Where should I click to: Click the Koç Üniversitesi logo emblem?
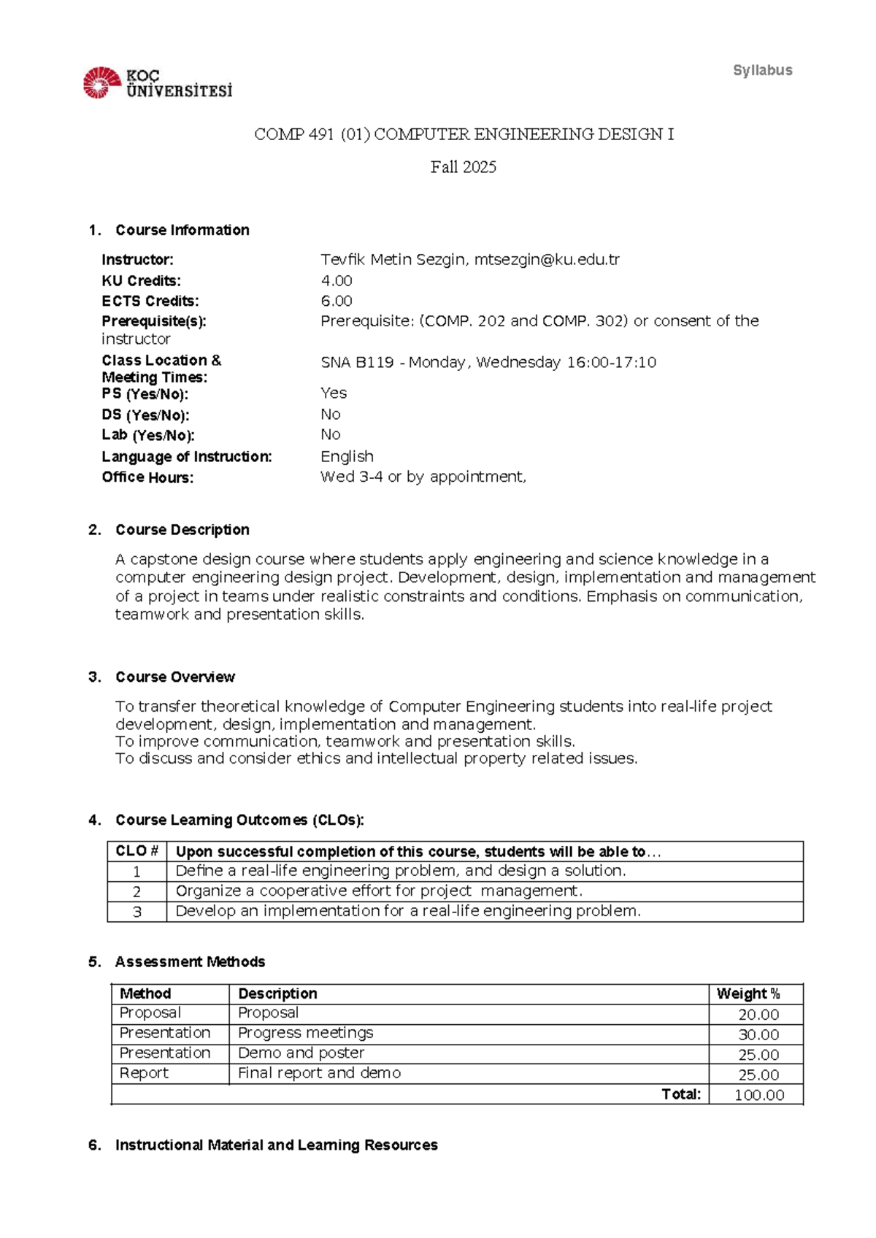(101, 82)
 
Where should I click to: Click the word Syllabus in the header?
(762, 71)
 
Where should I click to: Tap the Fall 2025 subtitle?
(463, 167)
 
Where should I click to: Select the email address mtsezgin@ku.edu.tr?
(547, 260)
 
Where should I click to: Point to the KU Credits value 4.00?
(337, 281)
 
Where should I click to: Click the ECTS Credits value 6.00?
(337, 301)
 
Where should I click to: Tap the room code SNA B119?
(357, 362)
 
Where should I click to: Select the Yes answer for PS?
(334, 393)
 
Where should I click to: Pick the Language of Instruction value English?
(347, 456)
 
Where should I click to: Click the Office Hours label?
(147, 477)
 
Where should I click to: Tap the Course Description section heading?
(182, 530)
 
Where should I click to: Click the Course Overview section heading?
(174, 677)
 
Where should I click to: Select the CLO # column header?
(137, 851)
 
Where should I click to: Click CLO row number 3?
(137, 912)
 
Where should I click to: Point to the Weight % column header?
(748, 993)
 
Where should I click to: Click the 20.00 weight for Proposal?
(758, 1015)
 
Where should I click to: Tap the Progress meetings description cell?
(305, 1033)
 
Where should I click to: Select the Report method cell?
(144, 1073)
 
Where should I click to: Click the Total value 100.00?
(758, 1095)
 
